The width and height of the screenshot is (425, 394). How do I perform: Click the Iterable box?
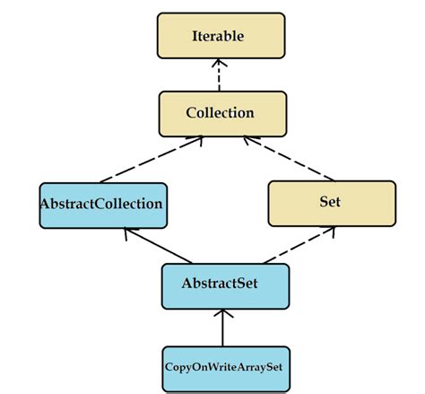tap(220, 37)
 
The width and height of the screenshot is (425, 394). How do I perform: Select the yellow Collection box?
tap(220, 113)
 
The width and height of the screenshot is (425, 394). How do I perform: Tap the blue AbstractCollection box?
tap(101, 205)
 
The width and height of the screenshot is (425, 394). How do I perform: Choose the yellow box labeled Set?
tap(331, 203)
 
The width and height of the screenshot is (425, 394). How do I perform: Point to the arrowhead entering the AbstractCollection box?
tap(129, 232)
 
